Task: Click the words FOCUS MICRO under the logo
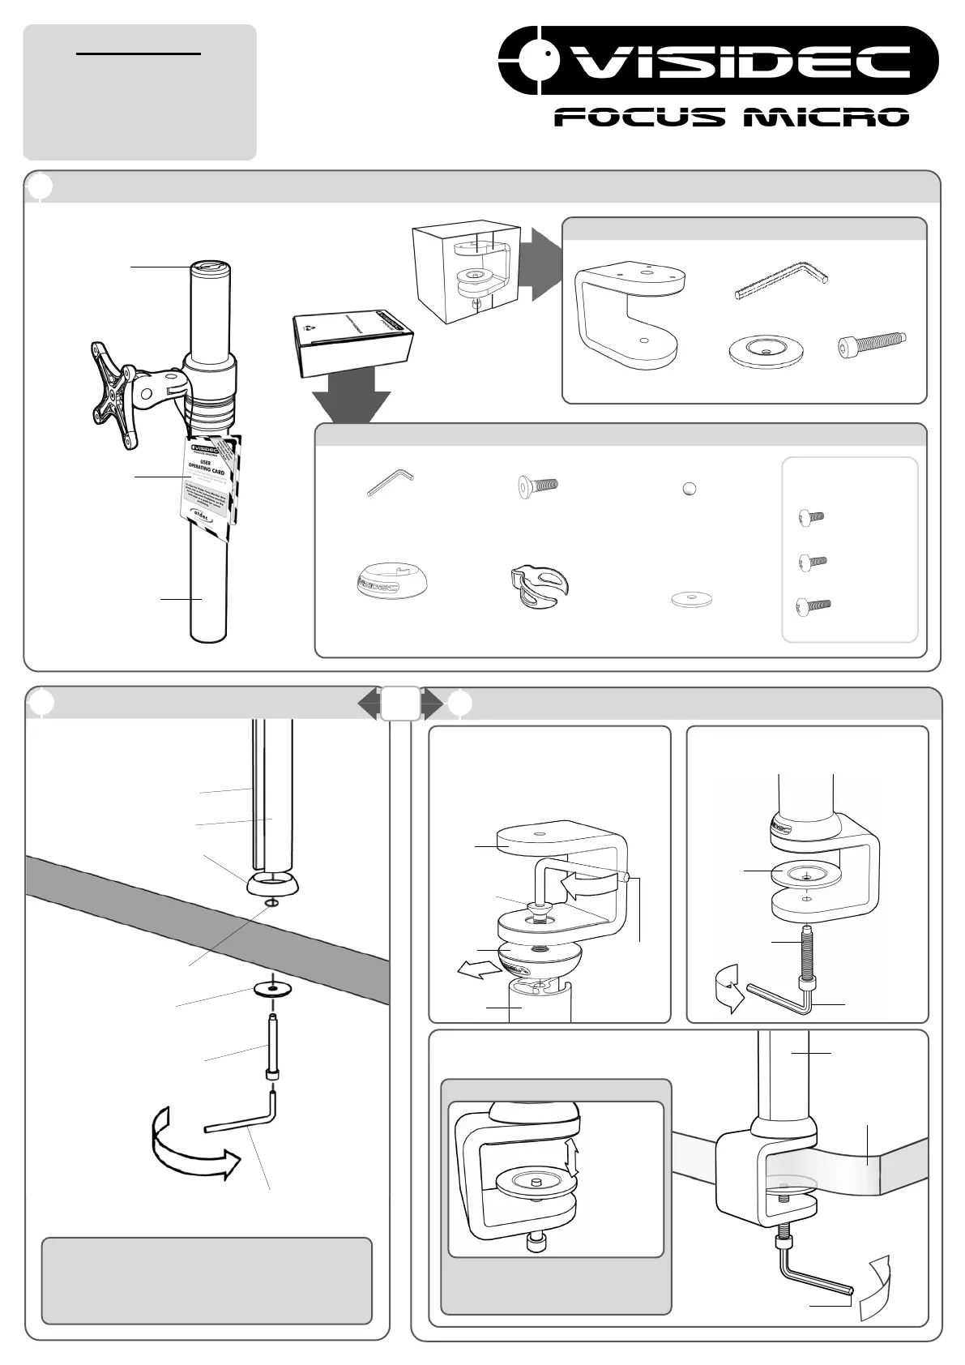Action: point(731,118)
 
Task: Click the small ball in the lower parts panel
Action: point(690,489)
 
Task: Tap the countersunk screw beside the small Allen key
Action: point(538,486)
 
